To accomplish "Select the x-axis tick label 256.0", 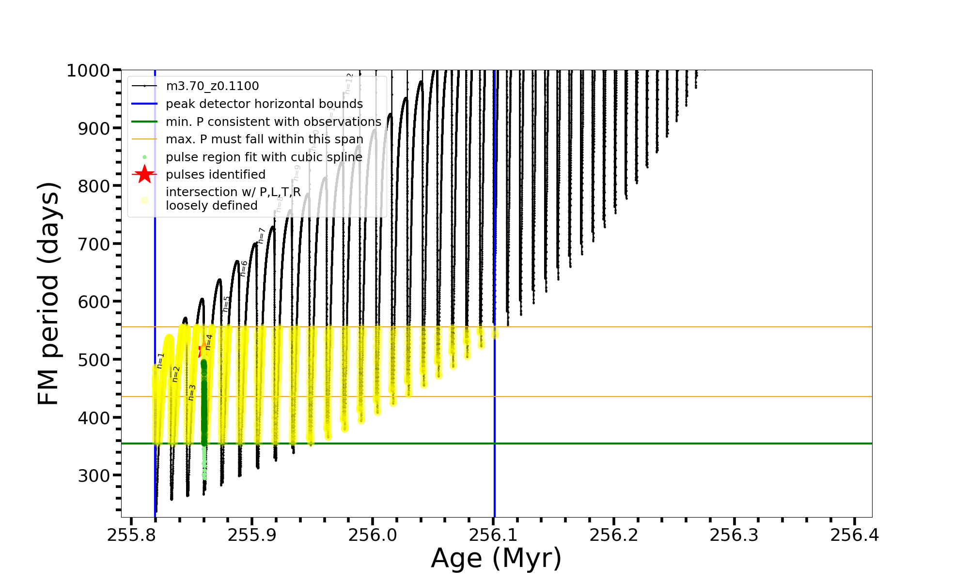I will point(372,535).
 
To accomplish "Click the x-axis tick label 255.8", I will point(131,535).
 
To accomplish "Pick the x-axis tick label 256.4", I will point(855,535).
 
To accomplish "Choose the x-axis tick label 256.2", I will point(613,535).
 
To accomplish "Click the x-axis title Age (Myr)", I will point(496,558).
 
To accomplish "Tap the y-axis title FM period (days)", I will point(48,293).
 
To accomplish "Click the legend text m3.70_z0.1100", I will point(212,86).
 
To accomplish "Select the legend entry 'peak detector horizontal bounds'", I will point(264,104).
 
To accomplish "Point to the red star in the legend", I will point(144,174).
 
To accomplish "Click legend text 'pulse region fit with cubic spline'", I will point(264,157).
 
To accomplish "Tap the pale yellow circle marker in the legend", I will point(144,199).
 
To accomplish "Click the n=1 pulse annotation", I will point(160,361).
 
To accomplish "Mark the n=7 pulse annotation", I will point(262,235).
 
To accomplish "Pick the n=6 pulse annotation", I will point(244,268).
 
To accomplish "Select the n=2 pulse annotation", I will point(176,374).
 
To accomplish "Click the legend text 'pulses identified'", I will point(216,175).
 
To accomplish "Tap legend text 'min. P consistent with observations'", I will point(273,122).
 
